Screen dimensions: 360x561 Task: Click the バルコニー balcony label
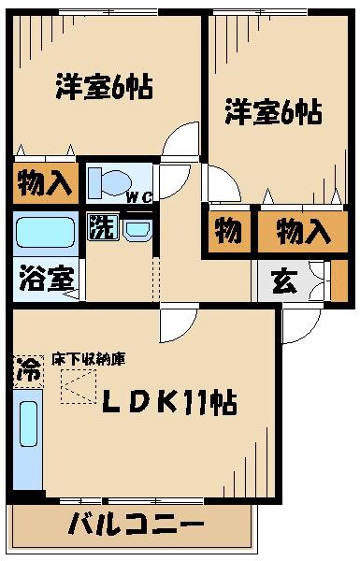pos(137,524)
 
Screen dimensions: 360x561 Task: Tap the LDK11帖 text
pos(167,404)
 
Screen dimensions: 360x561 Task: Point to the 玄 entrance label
pos(284,281)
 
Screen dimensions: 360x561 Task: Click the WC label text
pos(139,196)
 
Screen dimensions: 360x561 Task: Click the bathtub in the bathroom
pos(45,232)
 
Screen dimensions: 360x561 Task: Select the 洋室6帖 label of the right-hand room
pos(272,113)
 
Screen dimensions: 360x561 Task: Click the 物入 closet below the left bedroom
pos(43,183)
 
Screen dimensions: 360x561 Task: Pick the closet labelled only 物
pos(227,230)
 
